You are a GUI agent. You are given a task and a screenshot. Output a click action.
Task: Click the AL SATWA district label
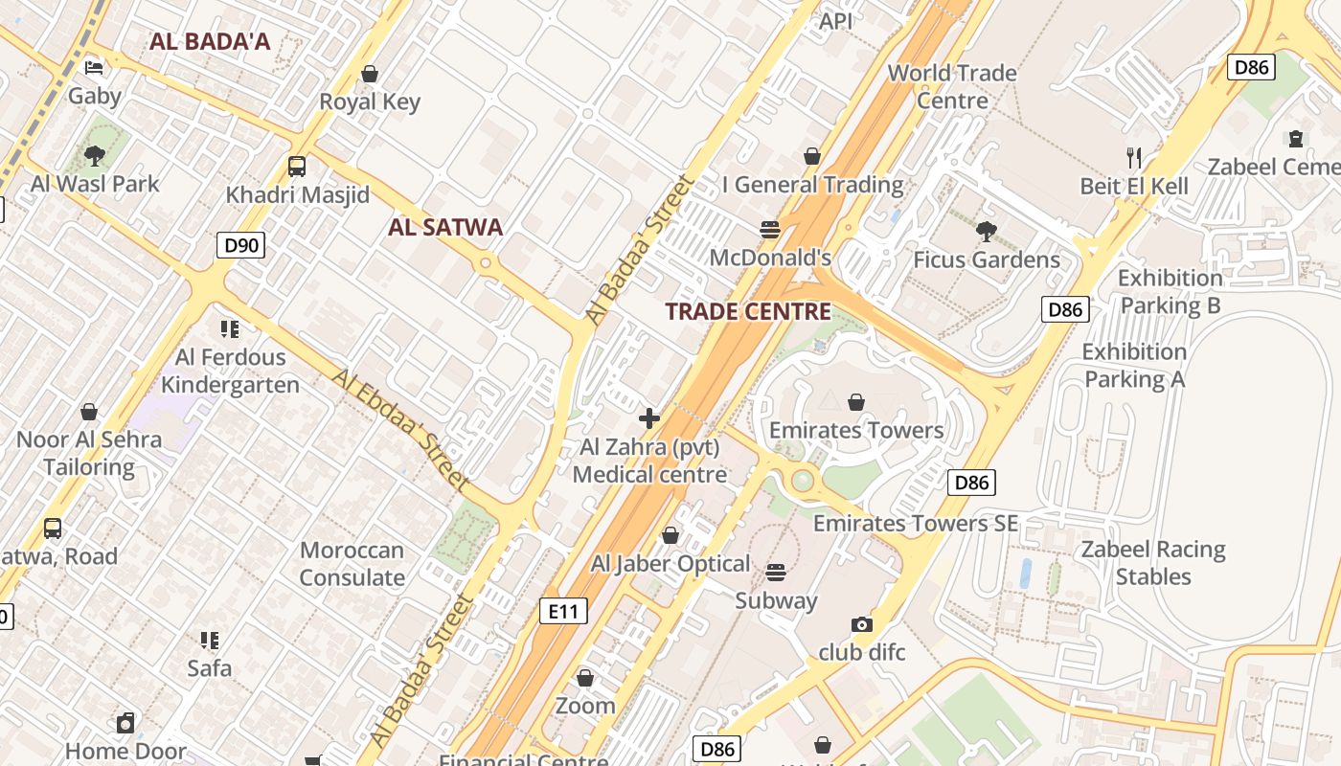tap(445, 227)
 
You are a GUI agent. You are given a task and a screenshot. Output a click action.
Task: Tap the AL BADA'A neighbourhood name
tap(210, 41)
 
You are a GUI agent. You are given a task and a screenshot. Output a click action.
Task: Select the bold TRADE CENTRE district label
tap(748, 311)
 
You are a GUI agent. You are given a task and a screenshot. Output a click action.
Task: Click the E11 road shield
tap(562, 611)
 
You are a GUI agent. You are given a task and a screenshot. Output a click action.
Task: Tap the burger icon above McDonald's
tap(770, 230)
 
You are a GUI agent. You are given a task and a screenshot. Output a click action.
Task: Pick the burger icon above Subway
tap(776, 573)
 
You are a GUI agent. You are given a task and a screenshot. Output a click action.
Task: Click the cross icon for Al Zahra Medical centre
tap(649, 418)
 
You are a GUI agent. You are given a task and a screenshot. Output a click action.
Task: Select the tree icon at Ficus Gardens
tap(986, 232)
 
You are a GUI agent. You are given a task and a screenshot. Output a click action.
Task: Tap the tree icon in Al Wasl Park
tap(94, 155)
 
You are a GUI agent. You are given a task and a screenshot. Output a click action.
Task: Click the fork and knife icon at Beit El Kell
tap(1134, 158)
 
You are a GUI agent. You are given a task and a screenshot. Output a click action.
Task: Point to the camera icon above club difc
tap(862, 624)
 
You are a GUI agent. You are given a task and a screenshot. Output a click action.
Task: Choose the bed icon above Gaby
tap(94, 67)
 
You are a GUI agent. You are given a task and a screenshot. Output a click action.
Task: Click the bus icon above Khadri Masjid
tap(297, 167)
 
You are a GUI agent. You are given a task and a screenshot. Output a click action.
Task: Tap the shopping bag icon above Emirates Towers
tap(856, 402)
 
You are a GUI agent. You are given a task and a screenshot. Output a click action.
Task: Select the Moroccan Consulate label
tap(352, 564)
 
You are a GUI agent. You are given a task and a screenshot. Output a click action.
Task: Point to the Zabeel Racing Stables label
tap(1153, 563)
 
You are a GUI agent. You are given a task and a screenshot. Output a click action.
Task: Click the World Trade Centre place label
tap(951, 86)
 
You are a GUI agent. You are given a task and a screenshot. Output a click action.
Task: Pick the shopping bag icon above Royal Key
tap(370, 74)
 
